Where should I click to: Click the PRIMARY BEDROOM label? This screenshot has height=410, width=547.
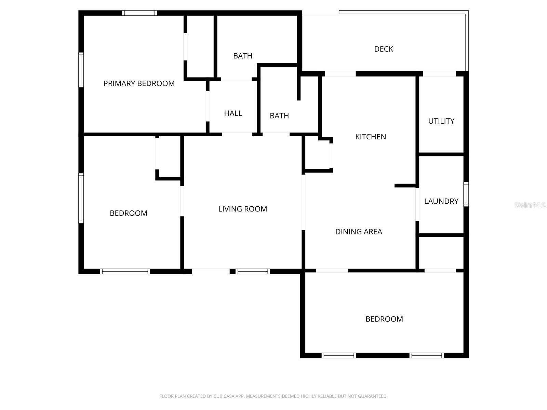139,83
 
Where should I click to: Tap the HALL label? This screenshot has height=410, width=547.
233,113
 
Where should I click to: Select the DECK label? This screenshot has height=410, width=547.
383,49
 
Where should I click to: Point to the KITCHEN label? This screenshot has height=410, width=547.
370,137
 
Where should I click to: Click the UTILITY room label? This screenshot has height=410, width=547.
441,121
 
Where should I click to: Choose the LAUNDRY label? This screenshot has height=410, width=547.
441,201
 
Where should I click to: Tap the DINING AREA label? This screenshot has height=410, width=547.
358,232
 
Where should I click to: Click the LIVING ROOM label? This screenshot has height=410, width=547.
242,209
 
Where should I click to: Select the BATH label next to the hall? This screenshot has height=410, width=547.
279,116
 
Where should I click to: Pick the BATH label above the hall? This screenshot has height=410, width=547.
242,56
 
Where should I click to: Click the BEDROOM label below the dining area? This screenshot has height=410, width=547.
384,319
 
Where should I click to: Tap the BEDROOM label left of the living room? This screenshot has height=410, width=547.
128,213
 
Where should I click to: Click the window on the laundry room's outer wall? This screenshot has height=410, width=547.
466,194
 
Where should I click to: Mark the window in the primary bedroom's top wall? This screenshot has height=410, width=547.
139,13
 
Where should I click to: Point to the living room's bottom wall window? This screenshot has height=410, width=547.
253,272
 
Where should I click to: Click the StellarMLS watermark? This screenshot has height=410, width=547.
530,205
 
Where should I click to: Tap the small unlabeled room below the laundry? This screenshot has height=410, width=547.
441,252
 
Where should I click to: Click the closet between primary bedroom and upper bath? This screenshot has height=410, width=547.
200,46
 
